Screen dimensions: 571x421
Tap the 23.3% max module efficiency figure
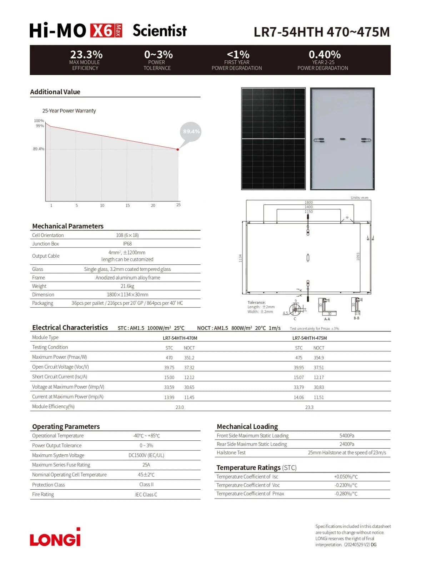point(86,55)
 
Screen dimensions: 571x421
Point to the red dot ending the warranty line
point(178,150)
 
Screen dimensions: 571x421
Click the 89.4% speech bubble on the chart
point(191,132)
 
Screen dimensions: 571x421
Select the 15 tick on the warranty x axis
point(127,206)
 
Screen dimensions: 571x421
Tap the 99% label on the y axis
point(40,126)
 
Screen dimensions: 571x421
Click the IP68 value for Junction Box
point(127,244)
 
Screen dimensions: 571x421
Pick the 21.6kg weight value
point(127,286)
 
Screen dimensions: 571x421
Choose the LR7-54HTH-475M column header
point(309,338)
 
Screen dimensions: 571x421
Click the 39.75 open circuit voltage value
point(169,368)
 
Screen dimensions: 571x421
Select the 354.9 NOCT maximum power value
point(319,358)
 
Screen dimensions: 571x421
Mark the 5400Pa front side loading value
point(347,436)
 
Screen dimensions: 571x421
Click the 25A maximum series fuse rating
point(146,465)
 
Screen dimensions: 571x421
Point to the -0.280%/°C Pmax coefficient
point(346,494)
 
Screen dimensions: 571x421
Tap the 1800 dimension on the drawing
point(309,202)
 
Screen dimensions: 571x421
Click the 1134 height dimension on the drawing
point(240,258)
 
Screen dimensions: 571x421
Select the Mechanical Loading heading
point(247,426)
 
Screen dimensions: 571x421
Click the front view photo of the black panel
point(273,138)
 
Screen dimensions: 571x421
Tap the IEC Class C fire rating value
point(146,495)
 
